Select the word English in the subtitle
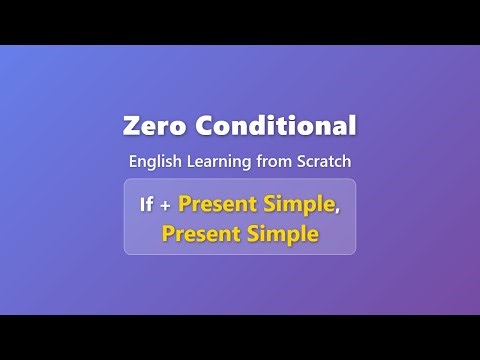154,160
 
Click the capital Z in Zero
130,127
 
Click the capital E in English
133,160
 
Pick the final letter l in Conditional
352,126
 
